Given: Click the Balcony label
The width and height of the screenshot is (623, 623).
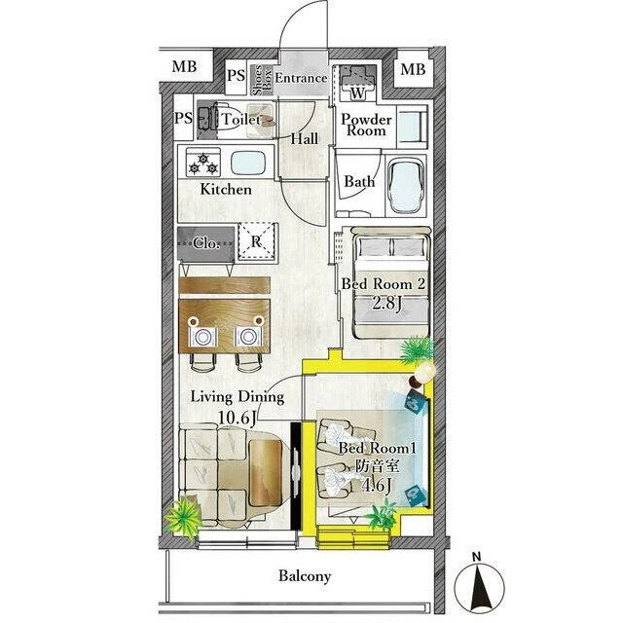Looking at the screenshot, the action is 305,575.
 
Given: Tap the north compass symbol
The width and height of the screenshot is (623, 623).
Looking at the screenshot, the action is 479,586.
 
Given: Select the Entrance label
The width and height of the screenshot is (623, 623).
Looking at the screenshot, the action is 301,78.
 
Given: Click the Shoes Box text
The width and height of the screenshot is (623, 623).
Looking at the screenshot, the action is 262,81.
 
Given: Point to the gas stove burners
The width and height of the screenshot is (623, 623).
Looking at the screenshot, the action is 203,163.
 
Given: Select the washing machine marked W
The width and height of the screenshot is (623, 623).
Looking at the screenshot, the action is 357,83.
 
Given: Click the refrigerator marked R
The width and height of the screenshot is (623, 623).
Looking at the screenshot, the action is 257,241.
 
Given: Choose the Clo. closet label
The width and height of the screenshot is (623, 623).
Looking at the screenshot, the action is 206,242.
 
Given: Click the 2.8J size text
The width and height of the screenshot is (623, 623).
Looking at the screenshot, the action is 387,304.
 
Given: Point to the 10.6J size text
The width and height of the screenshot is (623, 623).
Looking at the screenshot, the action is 236,418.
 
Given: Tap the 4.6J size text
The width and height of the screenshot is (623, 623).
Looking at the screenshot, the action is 377,485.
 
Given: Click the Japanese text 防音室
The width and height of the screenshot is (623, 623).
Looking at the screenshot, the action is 377,465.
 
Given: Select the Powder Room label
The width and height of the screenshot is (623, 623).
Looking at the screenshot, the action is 366,125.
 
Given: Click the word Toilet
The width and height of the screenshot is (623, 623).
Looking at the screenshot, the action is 241,119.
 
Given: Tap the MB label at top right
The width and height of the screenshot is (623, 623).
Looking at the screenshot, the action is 413,69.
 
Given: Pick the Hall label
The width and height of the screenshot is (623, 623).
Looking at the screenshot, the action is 305,138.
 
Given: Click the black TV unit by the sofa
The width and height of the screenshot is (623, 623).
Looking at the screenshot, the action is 296,476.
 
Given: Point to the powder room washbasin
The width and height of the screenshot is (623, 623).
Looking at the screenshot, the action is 413,127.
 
